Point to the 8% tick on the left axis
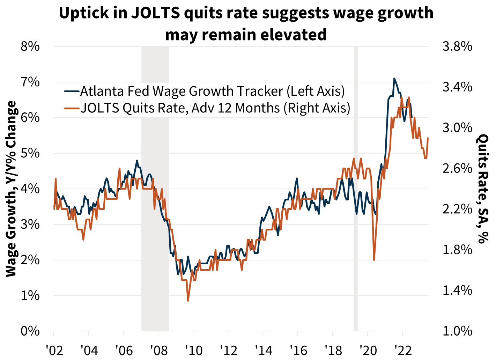30,46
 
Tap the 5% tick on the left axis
30,153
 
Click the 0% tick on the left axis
30,331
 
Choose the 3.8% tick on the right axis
457,46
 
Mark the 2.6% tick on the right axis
457,168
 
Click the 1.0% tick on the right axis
457,331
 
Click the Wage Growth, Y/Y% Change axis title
12,189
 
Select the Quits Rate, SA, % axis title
483,189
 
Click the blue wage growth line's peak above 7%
394,79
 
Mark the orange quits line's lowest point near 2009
188,301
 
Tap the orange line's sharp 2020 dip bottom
374,260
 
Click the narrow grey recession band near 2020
356,189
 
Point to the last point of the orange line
428,138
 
